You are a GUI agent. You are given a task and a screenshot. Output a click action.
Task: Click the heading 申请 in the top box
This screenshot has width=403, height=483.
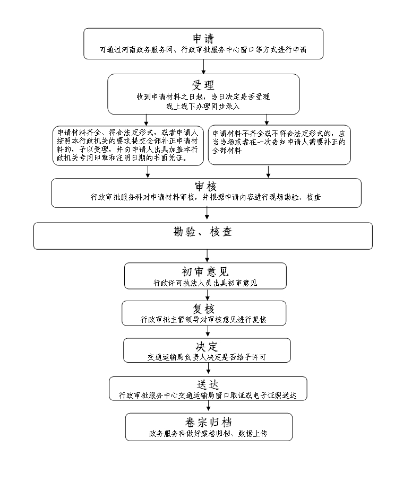click(203, 38)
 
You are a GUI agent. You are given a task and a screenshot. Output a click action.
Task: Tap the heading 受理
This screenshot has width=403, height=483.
click(203, 85)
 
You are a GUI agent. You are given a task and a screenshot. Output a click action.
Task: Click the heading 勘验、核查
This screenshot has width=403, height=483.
click(203, 232)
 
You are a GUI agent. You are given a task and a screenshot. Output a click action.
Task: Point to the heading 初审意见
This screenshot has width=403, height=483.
click(205, 271)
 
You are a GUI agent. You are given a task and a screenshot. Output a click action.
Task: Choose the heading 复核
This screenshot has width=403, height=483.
click(204, 309)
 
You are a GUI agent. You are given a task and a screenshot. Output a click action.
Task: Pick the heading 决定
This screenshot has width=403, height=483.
click(207, 347)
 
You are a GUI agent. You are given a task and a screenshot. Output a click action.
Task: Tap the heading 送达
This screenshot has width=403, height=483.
click(208, 384)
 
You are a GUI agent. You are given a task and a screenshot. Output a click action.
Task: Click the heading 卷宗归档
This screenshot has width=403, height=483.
click(208, 422)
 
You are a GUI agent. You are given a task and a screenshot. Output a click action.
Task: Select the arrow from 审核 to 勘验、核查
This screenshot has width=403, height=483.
click(207, 214)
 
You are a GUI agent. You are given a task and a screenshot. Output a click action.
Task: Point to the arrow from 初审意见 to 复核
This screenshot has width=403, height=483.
click(207, 295)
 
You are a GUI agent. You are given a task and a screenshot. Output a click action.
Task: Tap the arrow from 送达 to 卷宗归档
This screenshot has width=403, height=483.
click(208, 407)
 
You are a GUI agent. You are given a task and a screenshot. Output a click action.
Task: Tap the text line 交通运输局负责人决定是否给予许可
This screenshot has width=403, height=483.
click(207, 357)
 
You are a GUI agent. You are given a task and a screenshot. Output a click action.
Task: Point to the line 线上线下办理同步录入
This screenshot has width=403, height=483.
click(203, 106)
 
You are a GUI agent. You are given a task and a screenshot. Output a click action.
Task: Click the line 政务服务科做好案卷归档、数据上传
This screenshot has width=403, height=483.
click(208, 433)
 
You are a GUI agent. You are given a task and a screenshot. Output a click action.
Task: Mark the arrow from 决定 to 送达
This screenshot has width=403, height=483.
click(208, 370)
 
